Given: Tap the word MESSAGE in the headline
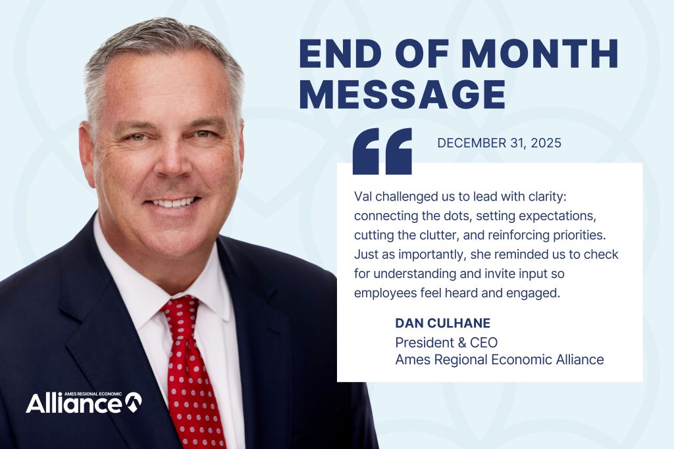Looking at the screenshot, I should click(402, 93).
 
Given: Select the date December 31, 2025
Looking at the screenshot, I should click(499, 143).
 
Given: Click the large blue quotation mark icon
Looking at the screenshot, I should click(382, 151).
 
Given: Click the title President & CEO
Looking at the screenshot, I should click(446, 343).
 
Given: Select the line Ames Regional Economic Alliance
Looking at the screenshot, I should click(499, 360).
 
